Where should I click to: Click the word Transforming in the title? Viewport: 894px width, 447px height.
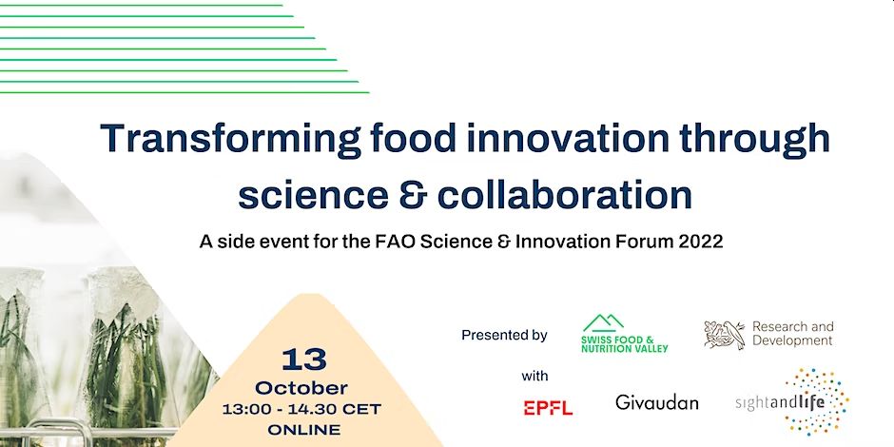[x=230, y=139]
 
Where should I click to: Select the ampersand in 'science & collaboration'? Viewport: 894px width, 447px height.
[x=412, y=195]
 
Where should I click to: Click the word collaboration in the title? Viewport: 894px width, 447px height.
[x=564, y=194]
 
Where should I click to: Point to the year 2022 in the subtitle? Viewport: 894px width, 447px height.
[x=700, y=242]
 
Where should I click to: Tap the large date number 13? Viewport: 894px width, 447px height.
[x=304, y=360]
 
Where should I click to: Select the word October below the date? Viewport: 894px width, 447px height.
[x=301, y=388]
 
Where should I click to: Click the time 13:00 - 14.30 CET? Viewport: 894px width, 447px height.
[x=301, y=409]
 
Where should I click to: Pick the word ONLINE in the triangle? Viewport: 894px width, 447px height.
[x=304, y=430]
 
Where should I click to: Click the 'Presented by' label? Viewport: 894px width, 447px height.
[x=504, y=335]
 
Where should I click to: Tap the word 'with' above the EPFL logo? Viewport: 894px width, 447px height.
[x=534, y=376]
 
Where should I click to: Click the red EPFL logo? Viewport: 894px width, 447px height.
[x=548, y=408]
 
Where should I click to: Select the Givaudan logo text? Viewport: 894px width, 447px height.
[x=657, y=403]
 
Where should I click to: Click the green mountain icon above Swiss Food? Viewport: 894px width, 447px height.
[x=603, y=323]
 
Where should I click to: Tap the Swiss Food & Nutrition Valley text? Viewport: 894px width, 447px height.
[x=624, y=344]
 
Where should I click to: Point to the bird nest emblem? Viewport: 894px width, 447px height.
[x=724, y=335]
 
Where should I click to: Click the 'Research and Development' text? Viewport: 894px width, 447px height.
[x=792, y=334]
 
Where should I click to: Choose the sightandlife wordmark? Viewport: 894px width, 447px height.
[x=780, y=403]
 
